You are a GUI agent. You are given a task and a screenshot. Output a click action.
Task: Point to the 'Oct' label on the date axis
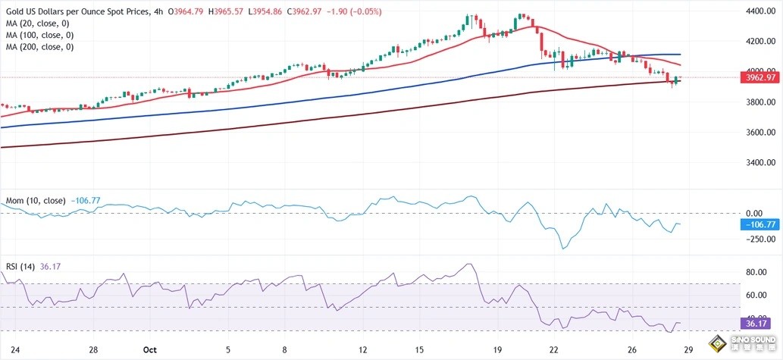[x=149, y=349]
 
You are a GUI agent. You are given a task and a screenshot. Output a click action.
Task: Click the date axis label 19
[x=497, y=349]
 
